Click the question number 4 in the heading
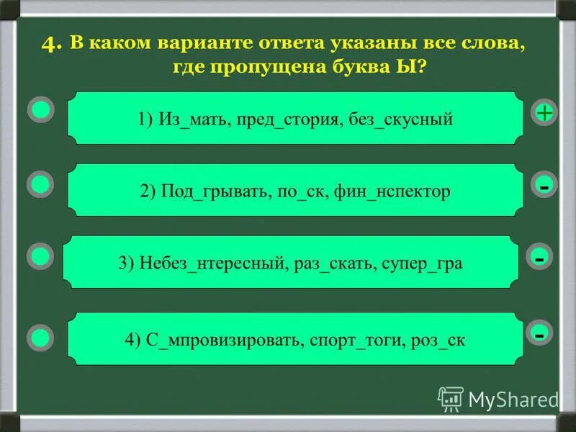click(x=52, y=44)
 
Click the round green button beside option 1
click(x=41, y=110)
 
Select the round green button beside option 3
click(x=41, y=256)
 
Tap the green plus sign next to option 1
click(x=544, y=112)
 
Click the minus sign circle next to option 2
click(x=544, y=186)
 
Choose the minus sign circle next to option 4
click(x=539, y=333)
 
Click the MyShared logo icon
click(x=451, y=398)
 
